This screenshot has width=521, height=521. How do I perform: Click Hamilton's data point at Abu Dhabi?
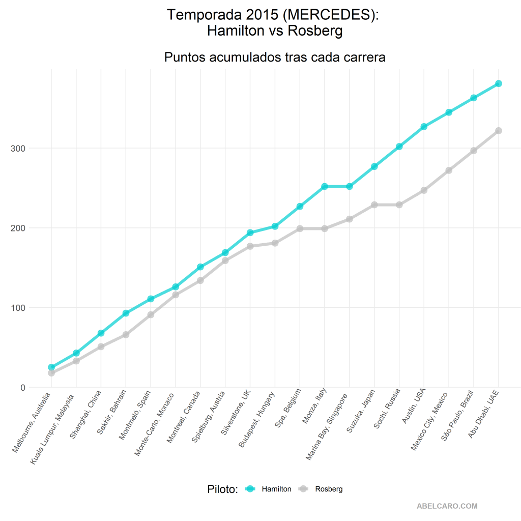(499, 83)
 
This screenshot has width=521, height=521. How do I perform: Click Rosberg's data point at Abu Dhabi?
(499, 131)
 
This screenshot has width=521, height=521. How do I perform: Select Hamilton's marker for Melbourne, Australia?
(51, 367)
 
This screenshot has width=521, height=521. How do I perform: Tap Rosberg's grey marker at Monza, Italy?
(325, 228)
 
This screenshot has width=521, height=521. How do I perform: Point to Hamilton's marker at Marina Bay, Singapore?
(350, 186)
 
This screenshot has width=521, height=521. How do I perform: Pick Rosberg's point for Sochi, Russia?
(399, 205)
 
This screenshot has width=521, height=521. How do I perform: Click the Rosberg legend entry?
(329, 489)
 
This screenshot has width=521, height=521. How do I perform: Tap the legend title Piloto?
(223, 489)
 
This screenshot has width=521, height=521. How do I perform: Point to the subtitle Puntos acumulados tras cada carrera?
(275, 57)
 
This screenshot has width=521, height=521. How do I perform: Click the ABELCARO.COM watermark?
(447, 506)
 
